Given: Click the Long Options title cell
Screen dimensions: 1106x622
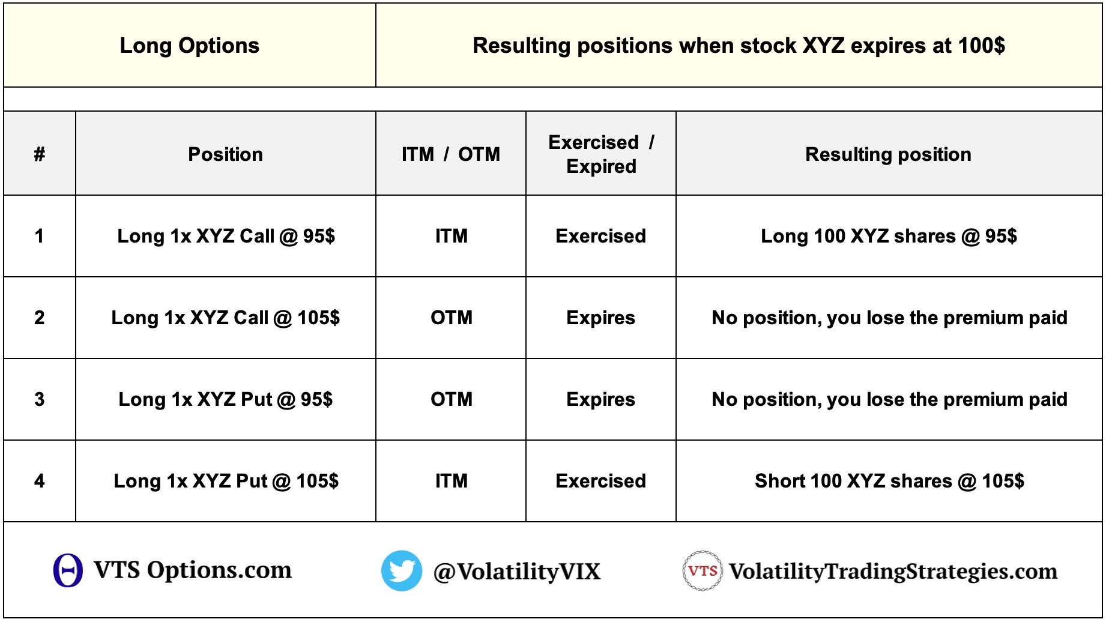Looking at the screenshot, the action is click(x=190, y=46).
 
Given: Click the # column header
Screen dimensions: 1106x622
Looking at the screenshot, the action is click(x=40, y=154).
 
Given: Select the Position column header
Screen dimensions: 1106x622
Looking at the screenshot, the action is click(x=226, y=154).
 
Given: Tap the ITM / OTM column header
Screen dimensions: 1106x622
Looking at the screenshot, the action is click(x=451, y=154).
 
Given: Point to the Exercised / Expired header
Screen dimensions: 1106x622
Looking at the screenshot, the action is click(x=601, y=154).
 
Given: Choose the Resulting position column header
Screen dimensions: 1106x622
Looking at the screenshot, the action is click(x=889, y=154).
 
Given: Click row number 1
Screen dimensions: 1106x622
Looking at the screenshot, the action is click(x=40, y=236).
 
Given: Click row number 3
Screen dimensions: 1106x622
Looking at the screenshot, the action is click(x=40, y=399).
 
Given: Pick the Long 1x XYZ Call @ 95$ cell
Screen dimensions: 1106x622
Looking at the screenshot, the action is click(x=226, y=236).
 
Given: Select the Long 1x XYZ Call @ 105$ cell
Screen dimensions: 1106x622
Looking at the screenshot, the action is click(x=226, y=318).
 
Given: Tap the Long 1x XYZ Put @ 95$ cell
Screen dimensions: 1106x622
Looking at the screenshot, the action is click(x=226, y=399).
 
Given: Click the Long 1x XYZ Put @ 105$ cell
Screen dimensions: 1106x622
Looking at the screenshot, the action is click(x=226, y=481).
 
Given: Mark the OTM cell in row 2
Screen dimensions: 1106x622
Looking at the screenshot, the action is click(x=451, y=318).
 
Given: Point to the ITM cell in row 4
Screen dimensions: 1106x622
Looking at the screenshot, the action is click(x=451, y=481).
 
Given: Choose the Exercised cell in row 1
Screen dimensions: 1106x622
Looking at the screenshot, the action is click(x=601, y=236).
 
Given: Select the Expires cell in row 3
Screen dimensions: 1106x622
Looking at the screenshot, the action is click(x=601, y=399).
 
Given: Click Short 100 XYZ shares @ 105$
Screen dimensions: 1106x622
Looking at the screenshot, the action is click(x=889, y=481).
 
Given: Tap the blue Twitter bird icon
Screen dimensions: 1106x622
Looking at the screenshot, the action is click(x=402, y=570).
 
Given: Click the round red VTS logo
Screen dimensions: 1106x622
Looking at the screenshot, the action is click(x=702, y=570).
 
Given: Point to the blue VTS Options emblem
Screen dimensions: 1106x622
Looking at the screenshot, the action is click(x=68, y=570).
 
